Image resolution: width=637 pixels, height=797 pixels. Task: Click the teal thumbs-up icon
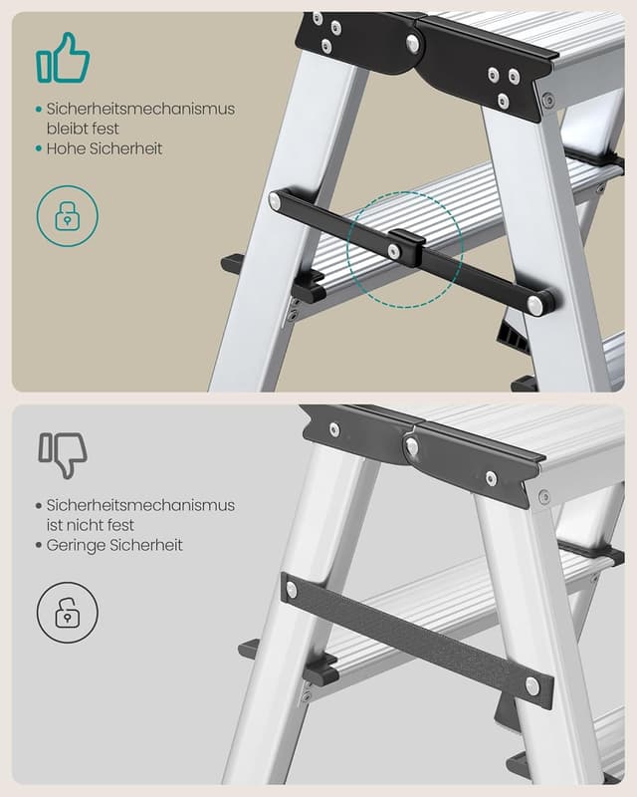63,58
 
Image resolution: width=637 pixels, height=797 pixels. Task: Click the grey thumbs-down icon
63,455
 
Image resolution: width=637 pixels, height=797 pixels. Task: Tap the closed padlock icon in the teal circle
68,216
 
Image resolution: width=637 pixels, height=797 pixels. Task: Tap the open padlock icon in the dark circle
68,613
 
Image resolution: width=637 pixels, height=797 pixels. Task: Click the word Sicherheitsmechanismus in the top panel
140,109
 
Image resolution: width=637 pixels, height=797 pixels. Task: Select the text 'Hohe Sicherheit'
105,148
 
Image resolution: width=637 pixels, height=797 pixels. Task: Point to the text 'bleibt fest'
83,129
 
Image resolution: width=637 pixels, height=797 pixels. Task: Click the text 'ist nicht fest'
91,525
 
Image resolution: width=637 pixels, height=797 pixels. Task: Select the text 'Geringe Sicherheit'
114,545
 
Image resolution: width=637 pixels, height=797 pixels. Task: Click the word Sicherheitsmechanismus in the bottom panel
140,505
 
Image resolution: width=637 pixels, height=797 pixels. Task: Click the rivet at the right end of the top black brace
534,305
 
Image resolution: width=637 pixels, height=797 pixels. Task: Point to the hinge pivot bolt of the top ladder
413,44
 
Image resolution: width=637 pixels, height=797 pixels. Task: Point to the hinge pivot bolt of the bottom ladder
412,446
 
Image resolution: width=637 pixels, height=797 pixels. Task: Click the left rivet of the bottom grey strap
292,590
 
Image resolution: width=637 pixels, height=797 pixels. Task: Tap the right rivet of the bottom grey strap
532,686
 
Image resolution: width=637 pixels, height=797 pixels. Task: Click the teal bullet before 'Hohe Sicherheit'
39,148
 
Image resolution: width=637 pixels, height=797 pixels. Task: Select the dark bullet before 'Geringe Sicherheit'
39,545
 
